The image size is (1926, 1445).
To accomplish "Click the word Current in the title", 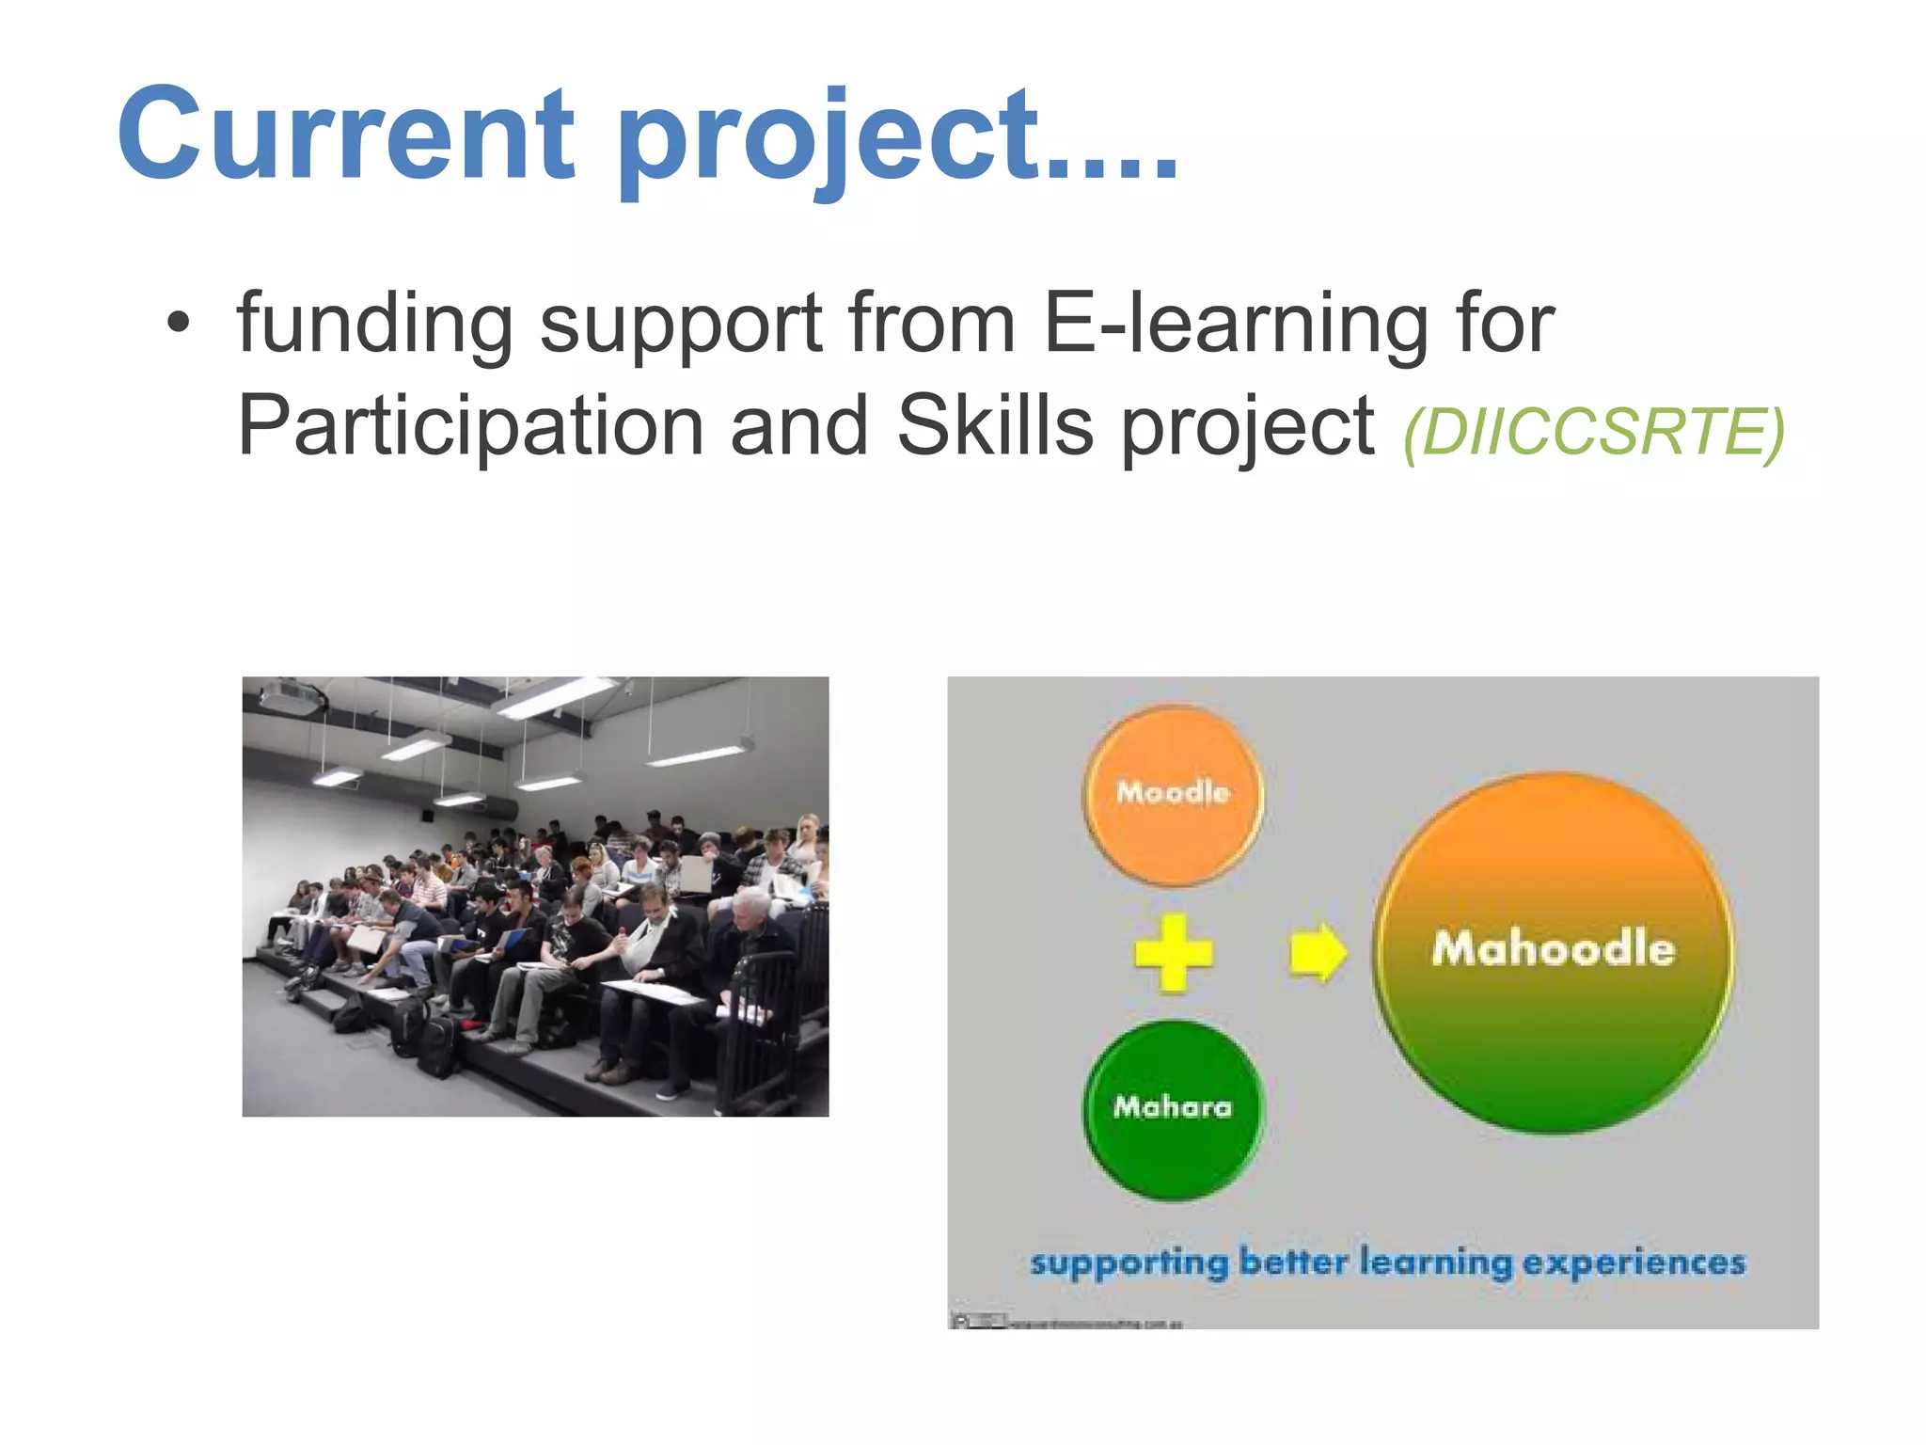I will coord(344,134).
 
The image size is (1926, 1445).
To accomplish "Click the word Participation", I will coord(470,426).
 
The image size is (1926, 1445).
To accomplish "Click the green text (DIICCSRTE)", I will coord(1593,432).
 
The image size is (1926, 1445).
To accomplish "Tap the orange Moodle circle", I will coord(1173,795).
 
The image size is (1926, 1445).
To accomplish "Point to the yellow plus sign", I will coord(1173,953).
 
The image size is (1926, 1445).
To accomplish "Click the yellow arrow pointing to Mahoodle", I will coord(1317,953).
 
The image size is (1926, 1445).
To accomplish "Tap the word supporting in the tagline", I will coord(1129,1263).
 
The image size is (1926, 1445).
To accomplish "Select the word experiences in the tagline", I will coord(1634,1263).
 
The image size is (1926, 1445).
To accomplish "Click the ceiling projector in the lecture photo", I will coord(292,697).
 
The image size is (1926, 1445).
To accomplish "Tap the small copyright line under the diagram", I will coord(1067,1323).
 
